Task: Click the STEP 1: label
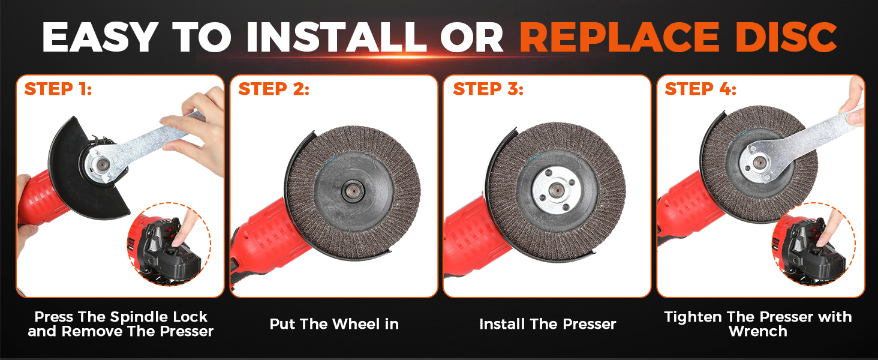pos(58,89)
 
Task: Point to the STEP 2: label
pos(273,89)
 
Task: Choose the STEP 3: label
pos(488,89)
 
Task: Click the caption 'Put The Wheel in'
pos(334,324)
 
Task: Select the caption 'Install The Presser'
pos(548,324)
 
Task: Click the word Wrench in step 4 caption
pos(757,331)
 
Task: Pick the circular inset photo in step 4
pos(809,245)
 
